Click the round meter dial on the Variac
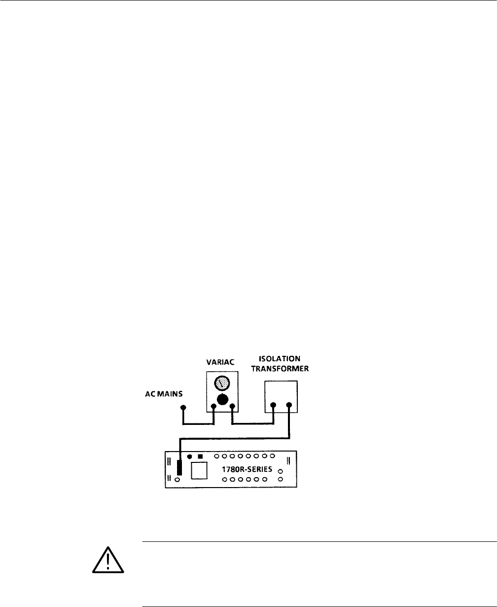222,382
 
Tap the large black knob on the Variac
222,400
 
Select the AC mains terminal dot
183,408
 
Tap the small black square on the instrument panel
200,456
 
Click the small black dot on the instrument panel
189,456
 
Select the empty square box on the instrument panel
199,470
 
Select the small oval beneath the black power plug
177,480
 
